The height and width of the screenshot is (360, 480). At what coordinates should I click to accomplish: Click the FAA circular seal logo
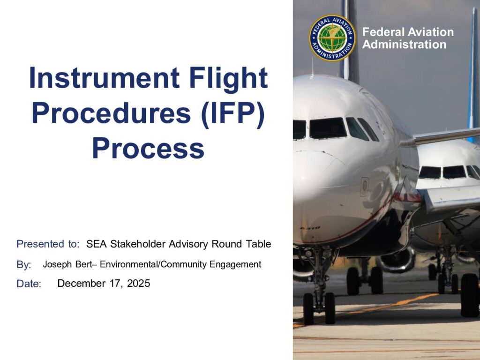coord(332,38)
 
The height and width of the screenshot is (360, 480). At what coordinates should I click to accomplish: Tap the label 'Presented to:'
coord(48,244)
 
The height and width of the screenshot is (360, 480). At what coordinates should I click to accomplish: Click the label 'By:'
coord(23,265)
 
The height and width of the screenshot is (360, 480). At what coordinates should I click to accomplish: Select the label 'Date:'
coord(29,284)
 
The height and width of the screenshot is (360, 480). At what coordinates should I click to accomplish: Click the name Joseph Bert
coord(67,264)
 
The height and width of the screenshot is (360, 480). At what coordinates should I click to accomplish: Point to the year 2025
coord(139,283)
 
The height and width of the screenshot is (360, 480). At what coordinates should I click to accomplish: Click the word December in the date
coord(82,283)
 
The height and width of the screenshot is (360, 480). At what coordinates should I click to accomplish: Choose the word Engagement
coord(235,264)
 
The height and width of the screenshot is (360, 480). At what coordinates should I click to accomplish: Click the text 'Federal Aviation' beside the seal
coord(408,32)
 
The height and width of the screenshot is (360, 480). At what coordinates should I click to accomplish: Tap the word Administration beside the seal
coord(404,45)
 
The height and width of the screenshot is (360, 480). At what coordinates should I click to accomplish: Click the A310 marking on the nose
coord(310,228)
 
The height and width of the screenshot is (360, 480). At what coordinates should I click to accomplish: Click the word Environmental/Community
coord(153,264)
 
